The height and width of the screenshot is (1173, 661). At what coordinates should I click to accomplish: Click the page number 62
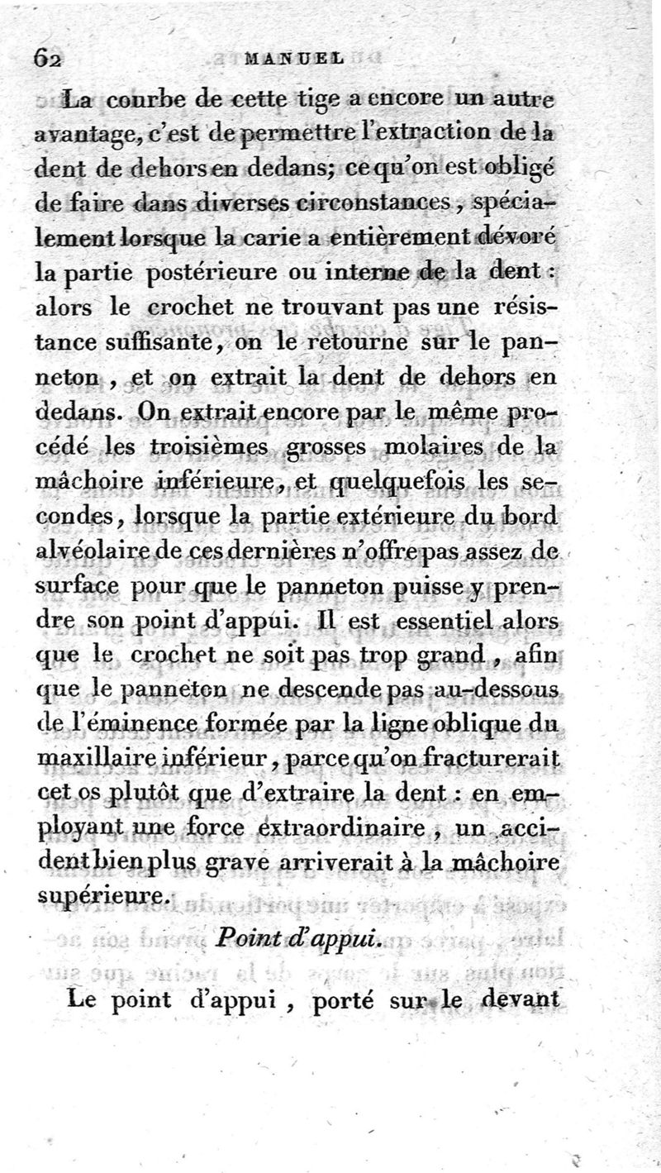(50, 59)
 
